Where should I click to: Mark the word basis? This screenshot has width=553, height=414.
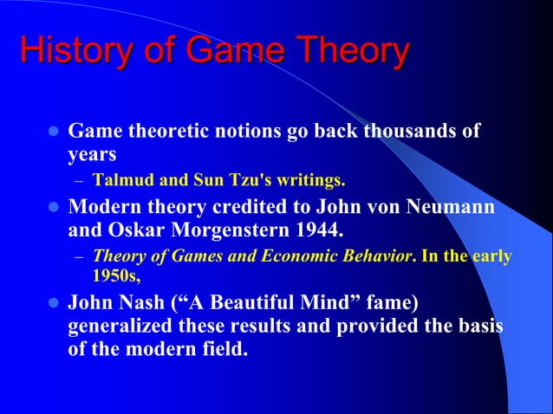[482, 328]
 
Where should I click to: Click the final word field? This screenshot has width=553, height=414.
[221, 352]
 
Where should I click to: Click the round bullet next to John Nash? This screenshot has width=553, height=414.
[51, 306]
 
